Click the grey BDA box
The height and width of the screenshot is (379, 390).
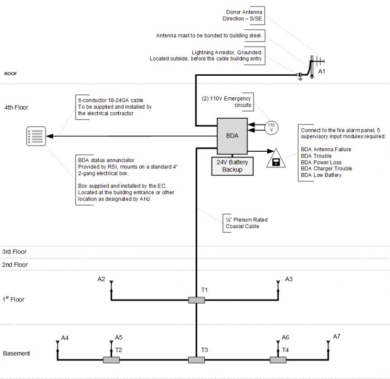click(x=232, y=136)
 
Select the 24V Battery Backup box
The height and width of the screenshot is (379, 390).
click(x=232, y=166)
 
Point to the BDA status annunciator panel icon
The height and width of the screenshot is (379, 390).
click(x=37, y=135)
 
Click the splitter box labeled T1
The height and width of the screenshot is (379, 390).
click(x=196, y=300)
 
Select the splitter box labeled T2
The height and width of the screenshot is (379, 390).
click(x=111, y=360)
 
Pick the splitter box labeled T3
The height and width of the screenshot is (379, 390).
click(x=196, y=360)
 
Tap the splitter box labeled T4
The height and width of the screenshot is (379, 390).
click(x=278, y=360)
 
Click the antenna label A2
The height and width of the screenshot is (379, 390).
click(x=101, y=279)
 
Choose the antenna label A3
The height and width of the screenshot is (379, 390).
click(x=289, y=279)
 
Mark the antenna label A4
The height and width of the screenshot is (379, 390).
click(x=65, y=338)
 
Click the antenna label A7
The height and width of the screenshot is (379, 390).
click(x=337, y=336)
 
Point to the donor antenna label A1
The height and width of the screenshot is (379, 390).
click(x=321, y=72)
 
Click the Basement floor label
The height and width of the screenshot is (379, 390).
click(x=17, y=353)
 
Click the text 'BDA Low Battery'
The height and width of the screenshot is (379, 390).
click(x=321, y=175)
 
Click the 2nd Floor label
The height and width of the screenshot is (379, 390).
click(x=15, y=264)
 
